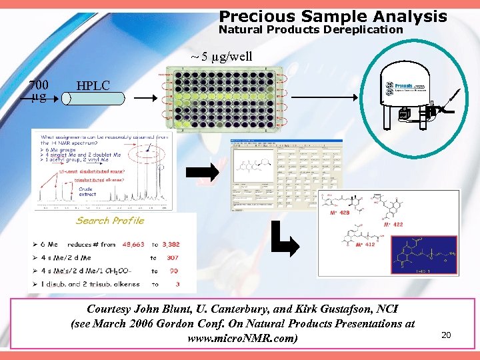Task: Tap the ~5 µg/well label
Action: click(222, 56)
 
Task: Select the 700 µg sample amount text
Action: click(39, 91)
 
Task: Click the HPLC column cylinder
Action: click(93, 99)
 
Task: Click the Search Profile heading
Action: click(110, 221)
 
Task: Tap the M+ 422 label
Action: click(393, 225)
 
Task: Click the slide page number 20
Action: click(446, 335)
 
